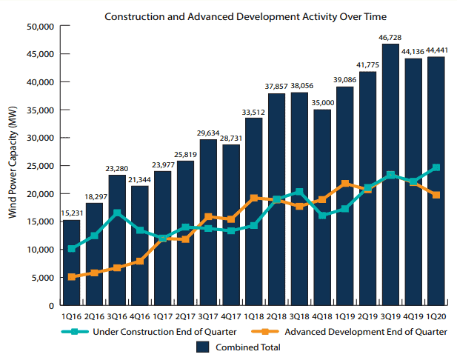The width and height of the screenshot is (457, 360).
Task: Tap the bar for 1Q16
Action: click(71, 262)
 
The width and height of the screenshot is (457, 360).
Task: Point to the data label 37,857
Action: click(277, 86)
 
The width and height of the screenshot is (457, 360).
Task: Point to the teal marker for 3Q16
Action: click(117, 213)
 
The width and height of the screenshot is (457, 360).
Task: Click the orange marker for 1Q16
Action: click(71, 277)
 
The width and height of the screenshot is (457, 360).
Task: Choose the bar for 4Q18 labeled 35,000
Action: click(322, 207)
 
